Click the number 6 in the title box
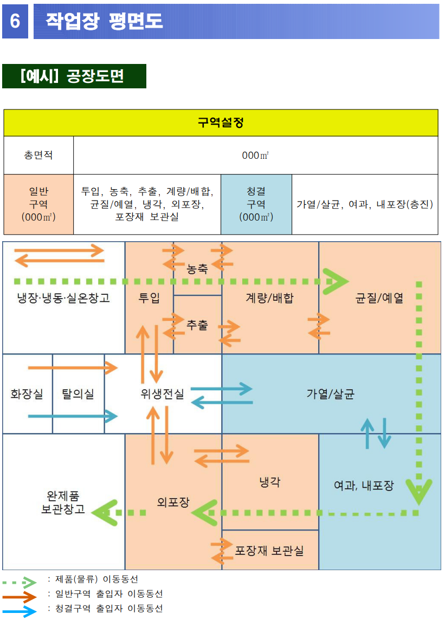click(x=15, y=21)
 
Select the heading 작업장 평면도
click(x=104, y=21)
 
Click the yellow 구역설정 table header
click(x=221, y=122)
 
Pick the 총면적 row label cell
click(x=38, y=155)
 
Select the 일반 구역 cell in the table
click(x=38, y=204)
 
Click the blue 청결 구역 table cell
click(x=256, y=204)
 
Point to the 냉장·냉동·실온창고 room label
click(x=63, y=298)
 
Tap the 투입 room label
click(x=149, y=298)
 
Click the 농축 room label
click(x=197, y=269)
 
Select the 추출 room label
click(x=197, y=325)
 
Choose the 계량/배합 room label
click(x=269, y=298)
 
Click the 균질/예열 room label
click(x=379, y=298)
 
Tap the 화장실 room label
click(x=27, y=394)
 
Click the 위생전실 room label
click(x=162, y=394)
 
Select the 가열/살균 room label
click(x=330, y=394)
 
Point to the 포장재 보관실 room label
click(x=269, y=551)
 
